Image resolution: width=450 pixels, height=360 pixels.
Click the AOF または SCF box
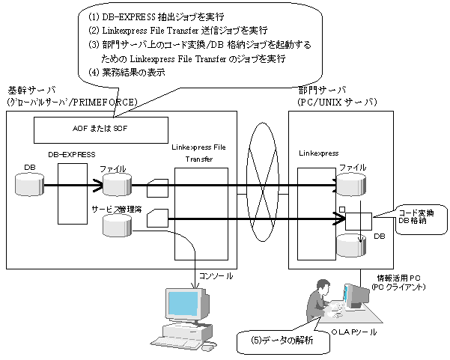coord(101,130)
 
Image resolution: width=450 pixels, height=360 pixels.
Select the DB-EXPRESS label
coord(71,155)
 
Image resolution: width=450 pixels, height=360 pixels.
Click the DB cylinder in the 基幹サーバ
coord(29,184)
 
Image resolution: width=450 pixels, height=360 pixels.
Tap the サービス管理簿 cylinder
coord(117,225)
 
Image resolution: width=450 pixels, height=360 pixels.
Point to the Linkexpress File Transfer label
coord(199,153)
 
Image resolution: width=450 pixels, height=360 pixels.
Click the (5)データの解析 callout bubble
coord(283,341)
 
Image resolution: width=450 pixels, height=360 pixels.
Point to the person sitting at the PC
coord(318,300)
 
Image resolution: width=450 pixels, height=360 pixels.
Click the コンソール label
coord(216,276)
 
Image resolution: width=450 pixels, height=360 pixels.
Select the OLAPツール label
coord(353,332)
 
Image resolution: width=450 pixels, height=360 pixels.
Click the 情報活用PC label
coord(398,278)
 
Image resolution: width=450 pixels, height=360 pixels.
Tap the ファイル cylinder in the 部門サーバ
coord(351,184)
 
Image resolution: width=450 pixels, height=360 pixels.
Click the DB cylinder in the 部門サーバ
coord(351,245)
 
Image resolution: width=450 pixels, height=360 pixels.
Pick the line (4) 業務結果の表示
coord(127,73)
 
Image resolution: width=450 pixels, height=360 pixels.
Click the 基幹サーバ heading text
coord(32,91)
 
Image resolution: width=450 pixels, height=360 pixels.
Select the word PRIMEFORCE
coord(104,102)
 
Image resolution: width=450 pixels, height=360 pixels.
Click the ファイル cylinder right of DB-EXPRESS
coord(117,184)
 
